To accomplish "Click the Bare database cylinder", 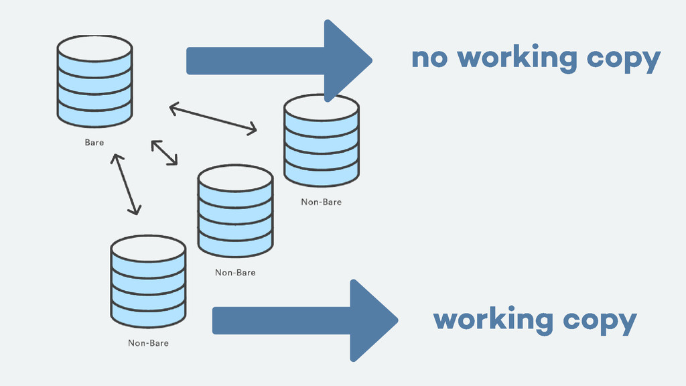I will [94, 81].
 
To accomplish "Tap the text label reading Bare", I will [94, 143].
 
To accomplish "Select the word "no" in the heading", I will [429, 59].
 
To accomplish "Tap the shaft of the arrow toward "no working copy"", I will [255, 61].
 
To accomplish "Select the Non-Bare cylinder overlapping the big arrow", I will [321, 141].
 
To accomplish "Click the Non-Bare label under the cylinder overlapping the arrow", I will [321, 202].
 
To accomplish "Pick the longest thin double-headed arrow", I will [213, 117].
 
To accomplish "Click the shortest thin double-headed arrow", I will [164, 152].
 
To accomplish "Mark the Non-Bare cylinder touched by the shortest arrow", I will [235, 211].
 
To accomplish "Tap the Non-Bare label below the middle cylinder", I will [235, 273].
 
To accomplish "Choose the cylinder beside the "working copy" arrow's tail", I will [148, 281].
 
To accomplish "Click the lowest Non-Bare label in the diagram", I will [148, 343].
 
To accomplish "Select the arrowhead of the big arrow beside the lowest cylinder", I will [372, 320].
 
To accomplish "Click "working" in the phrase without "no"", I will [493, 320].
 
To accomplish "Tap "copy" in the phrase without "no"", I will [600, 321].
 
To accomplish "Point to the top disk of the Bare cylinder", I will [94, 48].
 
